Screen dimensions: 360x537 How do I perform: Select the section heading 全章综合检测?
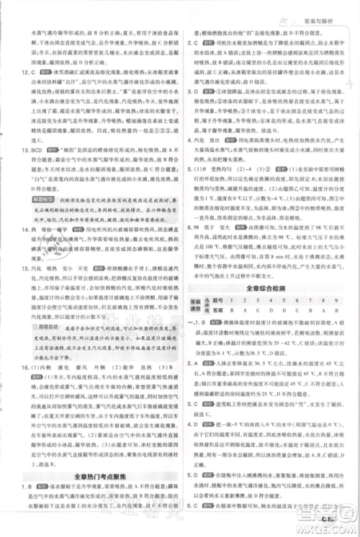click(269, 287)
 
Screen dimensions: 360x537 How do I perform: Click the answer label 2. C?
click(193, 42)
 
